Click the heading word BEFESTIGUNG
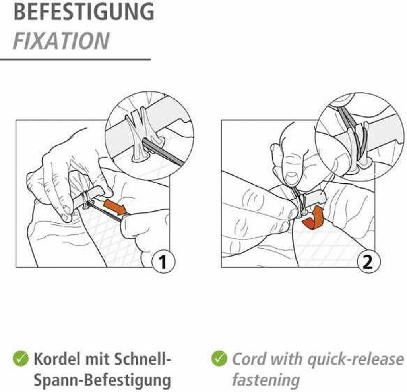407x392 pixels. coord(84,12)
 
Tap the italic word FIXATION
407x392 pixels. coord(61,41)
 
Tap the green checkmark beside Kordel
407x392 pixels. coord(21,359)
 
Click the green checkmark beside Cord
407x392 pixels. coord(219,359)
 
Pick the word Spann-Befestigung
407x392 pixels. coord(102,381)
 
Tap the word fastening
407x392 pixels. coord(266,381)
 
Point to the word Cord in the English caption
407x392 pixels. coord(250,359)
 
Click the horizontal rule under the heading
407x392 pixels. coord(75,60)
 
